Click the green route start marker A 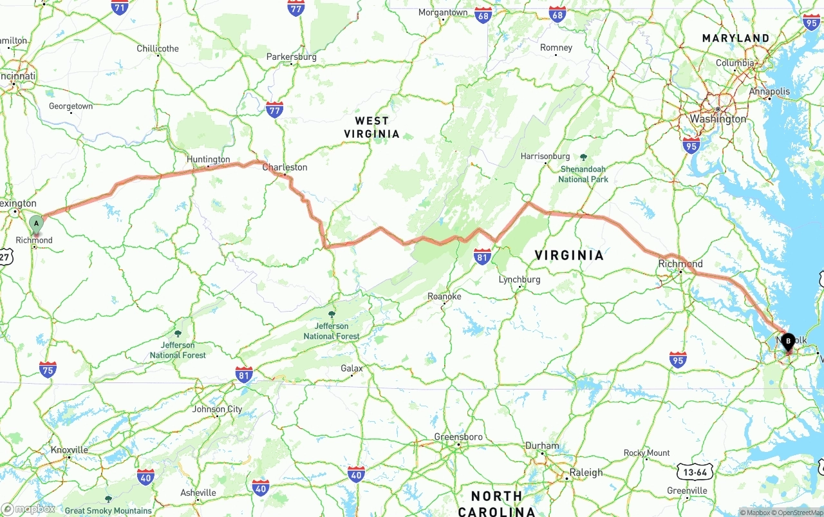click(37, 224)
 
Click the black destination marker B click(788, 341)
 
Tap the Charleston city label click(285, 167)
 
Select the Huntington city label click(208, 159)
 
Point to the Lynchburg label click(520, 279)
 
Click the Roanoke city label click(444, 296)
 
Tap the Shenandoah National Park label click(583, 174)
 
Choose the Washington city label click(718, 119)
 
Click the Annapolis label click(769, 92)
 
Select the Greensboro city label click(458, 437)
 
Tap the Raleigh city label click(586, 472)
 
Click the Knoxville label click(69, 449)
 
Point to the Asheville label click(198, 493)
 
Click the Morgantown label click(443, 12)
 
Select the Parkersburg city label click(292, 57)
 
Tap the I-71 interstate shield click(120, 8)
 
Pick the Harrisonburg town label click(545, 156)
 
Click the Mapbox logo click(28, 509)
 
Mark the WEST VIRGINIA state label click(371, 127)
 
